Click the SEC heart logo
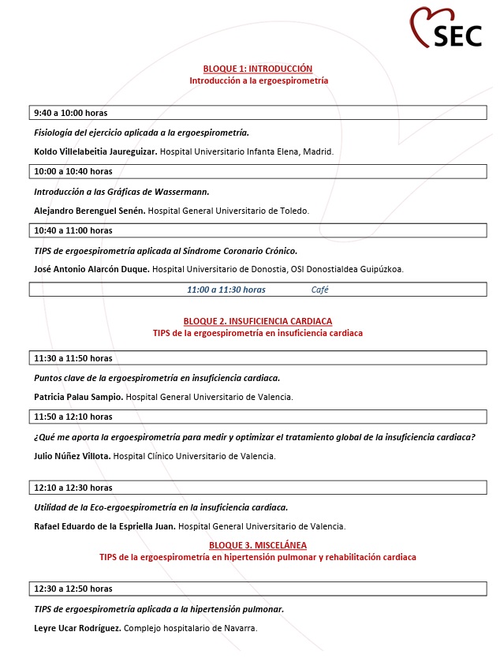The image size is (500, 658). [x=446, y=28]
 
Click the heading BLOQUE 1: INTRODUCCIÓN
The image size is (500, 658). [x=258, y=69]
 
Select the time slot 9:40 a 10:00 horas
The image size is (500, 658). [x=71, y=113]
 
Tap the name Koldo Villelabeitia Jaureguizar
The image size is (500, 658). [x=95, y=151]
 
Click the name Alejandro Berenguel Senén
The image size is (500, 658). [x=90, y=211]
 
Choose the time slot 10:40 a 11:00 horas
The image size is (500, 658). [x=73, y=230]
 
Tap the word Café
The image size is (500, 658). [x=320, y=290]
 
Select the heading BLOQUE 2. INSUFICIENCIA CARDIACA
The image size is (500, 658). [x=258, y=321]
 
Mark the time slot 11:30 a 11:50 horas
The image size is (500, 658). [x=73, y=358]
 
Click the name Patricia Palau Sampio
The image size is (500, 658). [x=79, y=397]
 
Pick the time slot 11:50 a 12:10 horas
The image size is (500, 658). [x=73, y=417]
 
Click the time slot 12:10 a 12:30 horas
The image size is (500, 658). [x=73, y=488]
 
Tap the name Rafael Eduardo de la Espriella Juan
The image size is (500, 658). [x=105, y=526]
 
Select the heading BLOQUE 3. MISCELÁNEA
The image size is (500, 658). [x=258, y=545]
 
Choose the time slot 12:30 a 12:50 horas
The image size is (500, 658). [x=73, y=589]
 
